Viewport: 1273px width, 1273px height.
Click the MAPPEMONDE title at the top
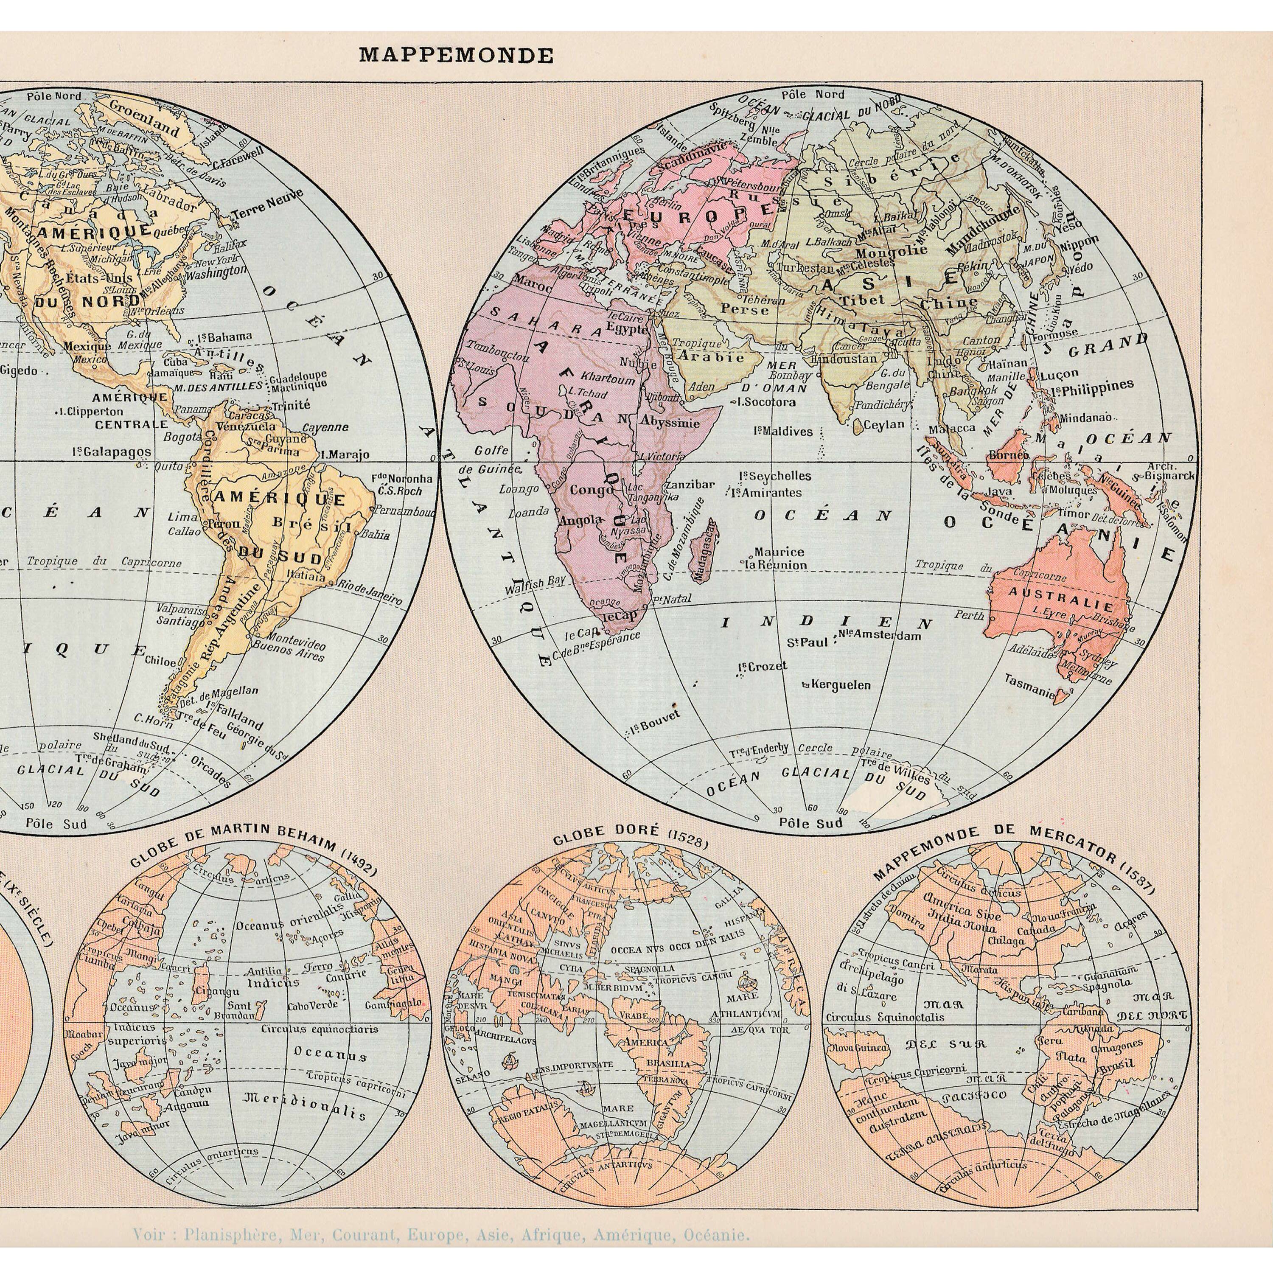[x=456, y=55]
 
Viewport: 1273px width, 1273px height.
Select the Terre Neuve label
[x=267, y=204]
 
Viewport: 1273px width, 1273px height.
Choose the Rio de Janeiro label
[x=369, y=591]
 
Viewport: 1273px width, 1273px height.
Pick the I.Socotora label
[x=763, y=402]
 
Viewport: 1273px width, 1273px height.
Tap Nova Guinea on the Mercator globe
[x=850, y=1047]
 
